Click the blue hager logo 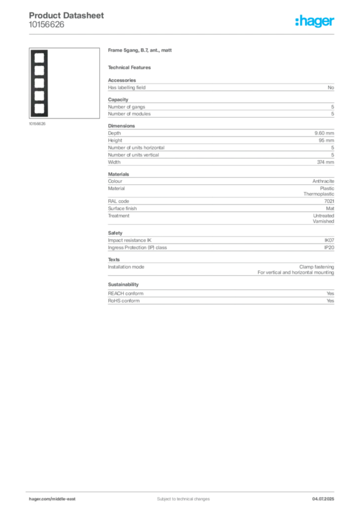[x=315, y=21]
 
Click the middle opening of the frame [x=38, y=82]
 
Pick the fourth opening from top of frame [x=38, y=94]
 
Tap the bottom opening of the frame [x=38, y=107]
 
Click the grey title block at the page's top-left [x=67, y=18]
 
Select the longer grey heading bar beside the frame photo [x=141, y=51]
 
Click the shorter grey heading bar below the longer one [x=131, y=67]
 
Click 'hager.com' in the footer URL [x=40, y=499]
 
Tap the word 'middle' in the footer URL [x=60, y=499]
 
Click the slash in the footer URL [x=51, y=499]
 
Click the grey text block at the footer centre [x=179, y=496]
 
